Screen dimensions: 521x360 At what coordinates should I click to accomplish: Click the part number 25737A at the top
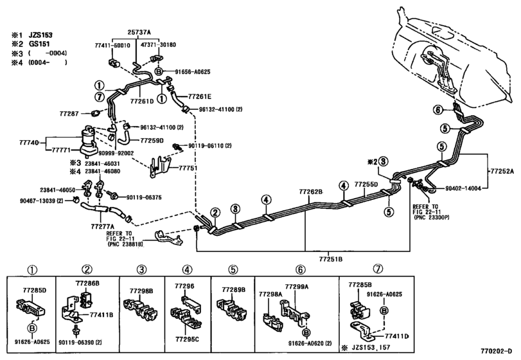[x=139, y=32]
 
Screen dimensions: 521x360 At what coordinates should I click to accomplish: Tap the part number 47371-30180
[x=163, y=45]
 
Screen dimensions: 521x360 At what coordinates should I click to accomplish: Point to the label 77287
[x=69, y=114]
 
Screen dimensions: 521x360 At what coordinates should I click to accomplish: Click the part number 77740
[x=29, y=143]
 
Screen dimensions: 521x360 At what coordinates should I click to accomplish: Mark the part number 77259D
[x=152, y=141]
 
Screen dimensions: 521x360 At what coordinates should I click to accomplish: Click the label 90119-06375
[x=144, y=197]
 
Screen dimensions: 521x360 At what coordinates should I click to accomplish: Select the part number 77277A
[x=100, y=227]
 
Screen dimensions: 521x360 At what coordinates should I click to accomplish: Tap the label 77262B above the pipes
[x=311, y=192]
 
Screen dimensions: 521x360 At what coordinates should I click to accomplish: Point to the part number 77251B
[x=331, y=259]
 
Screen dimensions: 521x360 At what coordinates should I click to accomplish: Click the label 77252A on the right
[x=502, y=172]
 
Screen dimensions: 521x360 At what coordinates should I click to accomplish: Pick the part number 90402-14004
[x=463, y=188]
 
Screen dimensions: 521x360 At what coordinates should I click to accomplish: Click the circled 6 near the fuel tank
[x=439, y=110]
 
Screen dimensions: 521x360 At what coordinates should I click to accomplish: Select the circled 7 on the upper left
[x=99, y=97]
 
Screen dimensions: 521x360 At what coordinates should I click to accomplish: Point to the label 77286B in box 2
[x=87, y=283]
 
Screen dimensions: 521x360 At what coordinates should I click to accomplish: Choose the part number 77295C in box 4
[x=187, y=339]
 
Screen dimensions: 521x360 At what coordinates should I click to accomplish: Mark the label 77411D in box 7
[x=397, y=336]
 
